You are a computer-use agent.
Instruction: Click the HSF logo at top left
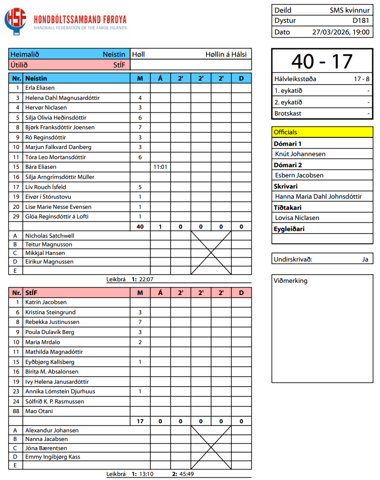(x=16, y=22)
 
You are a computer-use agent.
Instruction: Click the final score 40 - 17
(x=322, y=61)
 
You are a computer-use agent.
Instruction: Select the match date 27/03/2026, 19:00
(x=340, y=31)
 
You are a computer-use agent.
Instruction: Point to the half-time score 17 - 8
(x=361, y=79)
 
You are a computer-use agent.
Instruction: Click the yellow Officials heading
(x=286, y=132)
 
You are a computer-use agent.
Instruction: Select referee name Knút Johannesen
(x=300, y=154)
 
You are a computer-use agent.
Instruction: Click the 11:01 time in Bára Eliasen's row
(x=160, y=167)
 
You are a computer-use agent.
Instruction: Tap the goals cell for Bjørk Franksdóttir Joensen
(x=140, y=127)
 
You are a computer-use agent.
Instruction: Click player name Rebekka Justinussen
(x=52, y=322)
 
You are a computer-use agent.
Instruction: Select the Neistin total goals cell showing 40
(x=140, y=227)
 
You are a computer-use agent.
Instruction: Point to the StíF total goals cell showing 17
(x=140, y=421)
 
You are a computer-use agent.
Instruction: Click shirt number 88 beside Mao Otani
(x=16, y=411)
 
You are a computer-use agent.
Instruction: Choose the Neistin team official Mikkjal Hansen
(x=45, y=253)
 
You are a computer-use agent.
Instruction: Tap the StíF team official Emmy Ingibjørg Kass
(x=53, y=457)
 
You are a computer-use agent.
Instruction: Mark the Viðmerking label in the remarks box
(x=290, y=281)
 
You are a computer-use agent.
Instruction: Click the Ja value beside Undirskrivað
(x=365, y=259)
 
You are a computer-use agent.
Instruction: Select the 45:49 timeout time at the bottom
(x=186, y=474)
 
